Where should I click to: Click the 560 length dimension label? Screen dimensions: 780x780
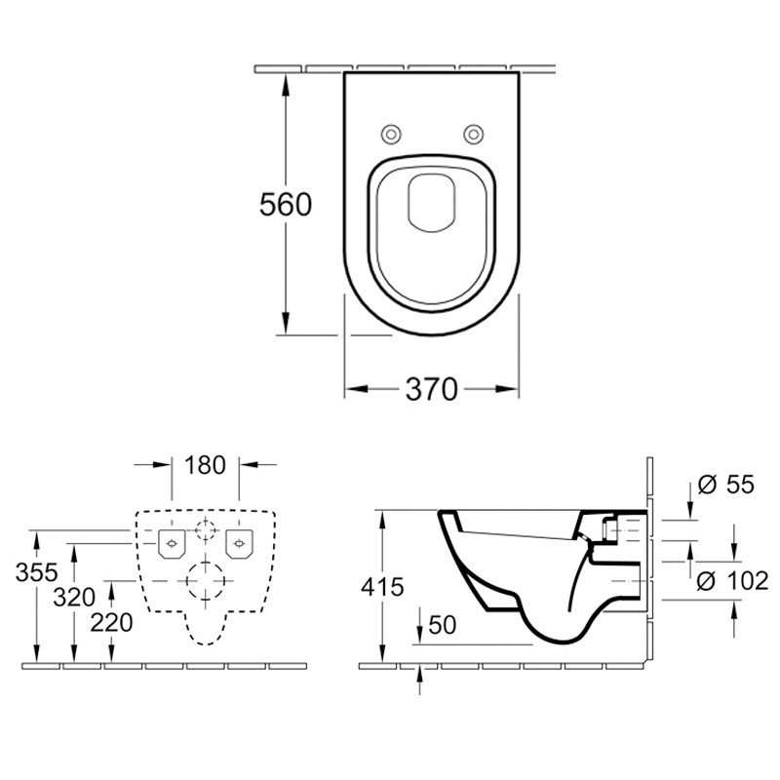pos(285,205)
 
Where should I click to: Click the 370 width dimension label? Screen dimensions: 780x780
pos(431,390)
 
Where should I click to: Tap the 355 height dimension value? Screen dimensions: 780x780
pos(36,572)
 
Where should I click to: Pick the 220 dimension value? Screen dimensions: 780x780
pos(111,622)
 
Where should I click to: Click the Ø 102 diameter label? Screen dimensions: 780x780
pos(734,582)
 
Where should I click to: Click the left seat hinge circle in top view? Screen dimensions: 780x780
pos(390,134)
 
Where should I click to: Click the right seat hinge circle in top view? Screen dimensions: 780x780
pos(473,134)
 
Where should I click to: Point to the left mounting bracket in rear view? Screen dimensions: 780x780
pos(172,542)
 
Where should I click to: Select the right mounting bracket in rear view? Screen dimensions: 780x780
pos(238,542)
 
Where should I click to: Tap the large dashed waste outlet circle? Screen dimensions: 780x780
pos(205,583)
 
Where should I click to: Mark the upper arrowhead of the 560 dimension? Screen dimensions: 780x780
pos(287,80)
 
